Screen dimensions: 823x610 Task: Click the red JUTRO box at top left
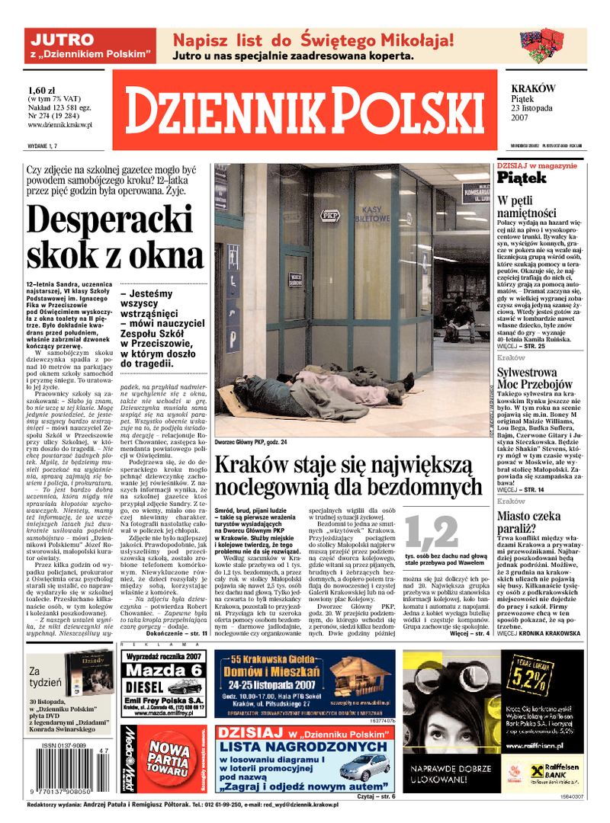(88, 46)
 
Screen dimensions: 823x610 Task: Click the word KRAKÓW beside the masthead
(533, 89)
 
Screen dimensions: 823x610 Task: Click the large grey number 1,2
(431, 532)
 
